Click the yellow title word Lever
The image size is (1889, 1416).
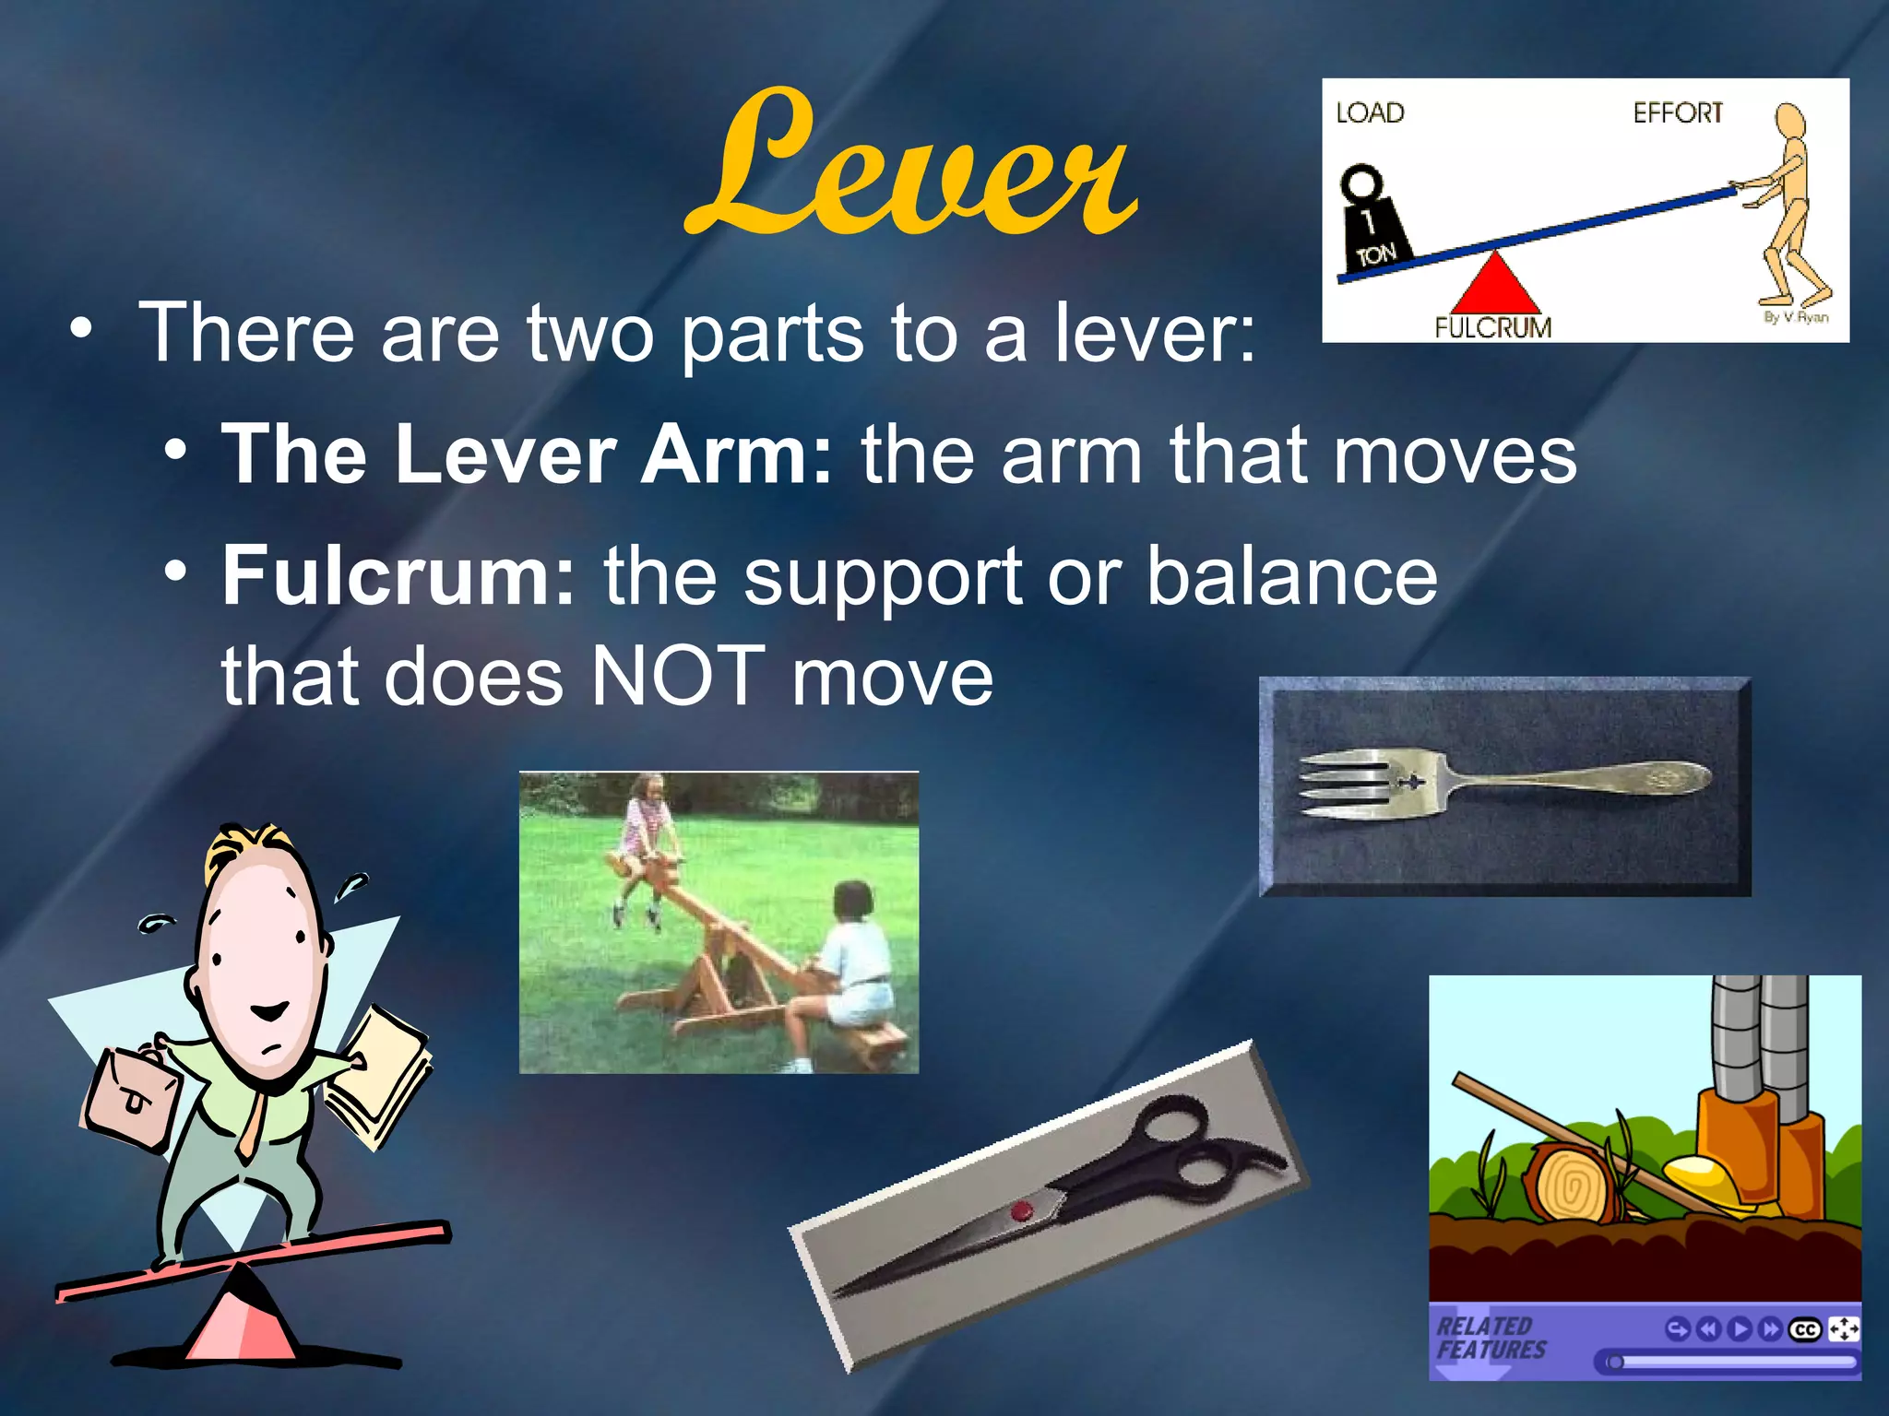tap(911, 166)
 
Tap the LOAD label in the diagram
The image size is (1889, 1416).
tap(1370, 113)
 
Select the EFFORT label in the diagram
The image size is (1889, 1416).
tap(1677, 113)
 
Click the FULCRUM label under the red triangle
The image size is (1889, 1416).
tap(1492, 327)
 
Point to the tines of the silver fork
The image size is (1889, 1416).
tap(1342, 785)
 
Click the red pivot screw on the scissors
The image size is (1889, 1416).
tap(1021, 1211)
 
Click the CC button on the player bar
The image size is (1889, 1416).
tap(1804, 1329)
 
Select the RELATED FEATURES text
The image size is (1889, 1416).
tap(1490, 1339)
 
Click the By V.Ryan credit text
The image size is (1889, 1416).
tap(1795, 317)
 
